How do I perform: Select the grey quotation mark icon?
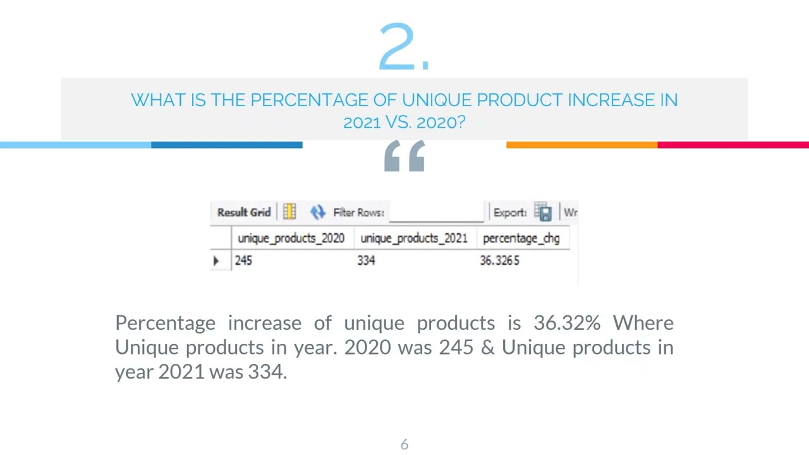[x=404, y=156]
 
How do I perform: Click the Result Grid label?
[x=244, y=212]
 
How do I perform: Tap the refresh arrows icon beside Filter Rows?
[x=317, y=212]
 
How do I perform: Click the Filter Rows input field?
[x=436, y=212]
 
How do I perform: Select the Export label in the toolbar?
[x=510, y=212]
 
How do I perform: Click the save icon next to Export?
[x=543, y=212]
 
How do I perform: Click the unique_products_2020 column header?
[x=291, y=238]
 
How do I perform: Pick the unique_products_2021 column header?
[x=414, y=238]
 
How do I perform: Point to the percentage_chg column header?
[x=521, y=238]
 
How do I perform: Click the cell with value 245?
[x=243, y=260]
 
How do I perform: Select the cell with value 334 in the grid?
[x=366, y=260]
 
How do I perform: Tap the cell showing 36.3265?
[x=499, y=260]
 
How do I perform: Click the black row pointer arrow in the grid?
[x=216, y=260]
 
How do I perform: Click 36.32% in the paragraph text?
[x=567, y=323]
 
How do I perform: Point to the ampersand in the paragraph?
[x=487, y=348]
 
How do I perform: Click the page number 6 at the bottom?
[x=404, y=445]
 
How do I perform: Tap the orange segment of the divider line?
[x=581, y=145]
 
